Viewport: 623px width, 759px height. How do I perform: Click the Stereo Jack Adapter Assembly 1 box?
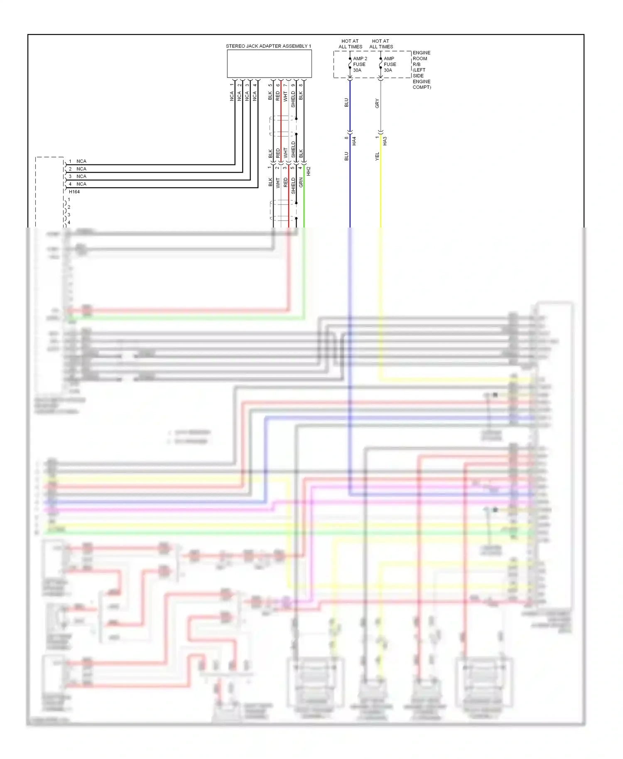[269, 64]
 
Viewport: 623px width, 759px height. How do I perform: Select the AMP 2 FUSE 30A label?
[360, 64]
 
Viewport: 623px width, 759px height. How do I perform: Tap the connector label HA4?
[354, 141]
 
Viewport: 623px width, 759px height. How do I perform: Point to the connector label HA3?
[385, 141]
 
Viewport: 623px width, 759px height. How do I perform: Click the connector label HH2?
[309, 171]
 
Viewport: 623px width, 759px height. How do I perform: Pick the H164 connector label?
[74, 192]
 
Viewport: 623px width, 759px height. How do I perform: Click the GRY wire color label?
[377, 103]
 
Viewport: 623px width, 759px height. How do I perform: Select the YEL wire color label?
[377, 157]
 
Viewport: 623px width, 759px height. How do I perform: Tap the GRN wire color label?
[301, 182]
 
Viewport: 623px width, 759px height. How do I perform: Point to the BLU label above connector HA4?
[346, 103]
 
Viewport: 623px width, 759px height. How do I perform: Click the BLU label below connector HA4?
[346, 157]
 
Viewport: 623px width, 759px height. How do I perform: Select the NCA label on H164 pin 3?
[81, 176]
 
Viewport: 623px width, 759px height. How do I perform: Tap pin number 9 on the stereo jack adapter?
[293, 86]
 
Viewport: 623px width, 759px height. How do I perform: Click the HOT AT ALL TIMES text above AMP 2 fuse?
[350, 44]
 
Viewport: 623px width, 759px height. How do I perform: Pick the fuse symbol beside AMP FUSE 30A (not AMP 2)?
[380, 64]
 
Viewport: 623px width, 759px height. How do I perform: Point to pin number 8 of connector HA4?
[346, 138]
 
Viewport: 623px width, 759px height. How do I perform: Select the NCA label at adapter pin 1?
[232, 96]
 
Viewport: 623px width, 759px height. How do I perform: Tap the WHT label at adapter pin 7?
[285, 96]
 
